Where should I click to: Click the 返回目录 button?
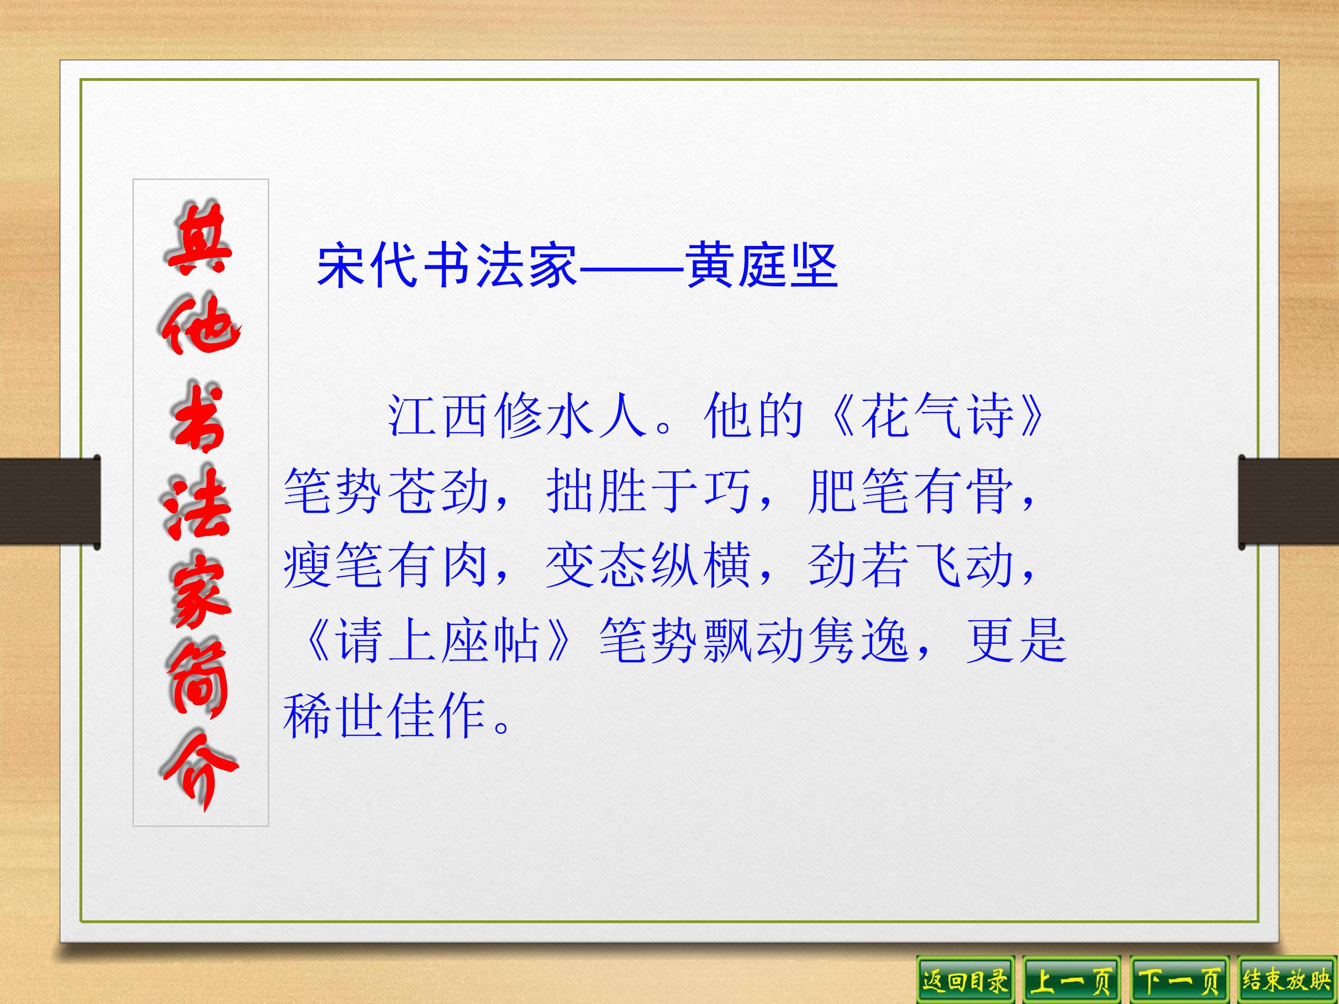(965, 980)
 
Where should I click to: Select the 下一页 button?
(1179, 980)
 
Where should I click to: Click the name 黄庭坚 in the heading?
(762, 266)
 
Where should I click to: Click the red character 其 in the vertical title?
(199, 238)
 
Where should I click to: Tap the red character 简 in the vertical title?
(197, 683)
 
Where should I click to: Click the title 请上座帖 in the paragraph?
(437, 641)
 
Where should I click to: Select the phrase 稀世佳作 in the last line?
(385, 716)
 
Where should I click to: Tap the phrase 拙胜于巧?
(648, 491)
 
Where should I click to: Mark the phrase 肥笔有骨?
(910, 491)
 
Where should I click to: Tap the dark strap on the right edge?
(1289, 502)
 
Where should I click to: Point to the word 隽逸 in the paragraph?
(858, 641)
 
